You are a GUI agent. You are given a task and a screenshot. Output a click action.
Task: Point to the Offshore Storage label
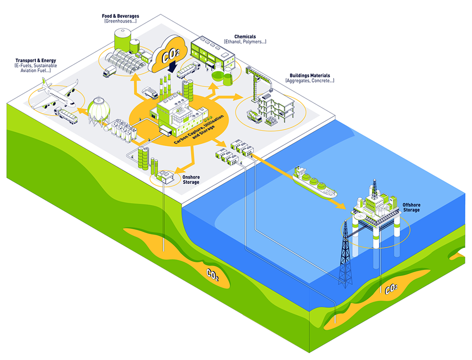point(411,207)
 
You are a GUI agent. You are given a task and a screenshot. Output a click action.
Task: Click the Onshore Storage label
point(190,180)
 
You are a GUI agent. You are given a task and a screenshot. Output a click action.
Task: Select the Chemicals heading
point(245,36)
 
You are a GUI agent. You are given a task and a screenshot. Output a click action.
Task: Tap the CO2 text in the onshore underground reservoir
point(212,274)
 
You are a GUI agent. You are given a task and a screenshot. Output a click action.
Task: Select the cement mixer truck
point(254,116)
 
